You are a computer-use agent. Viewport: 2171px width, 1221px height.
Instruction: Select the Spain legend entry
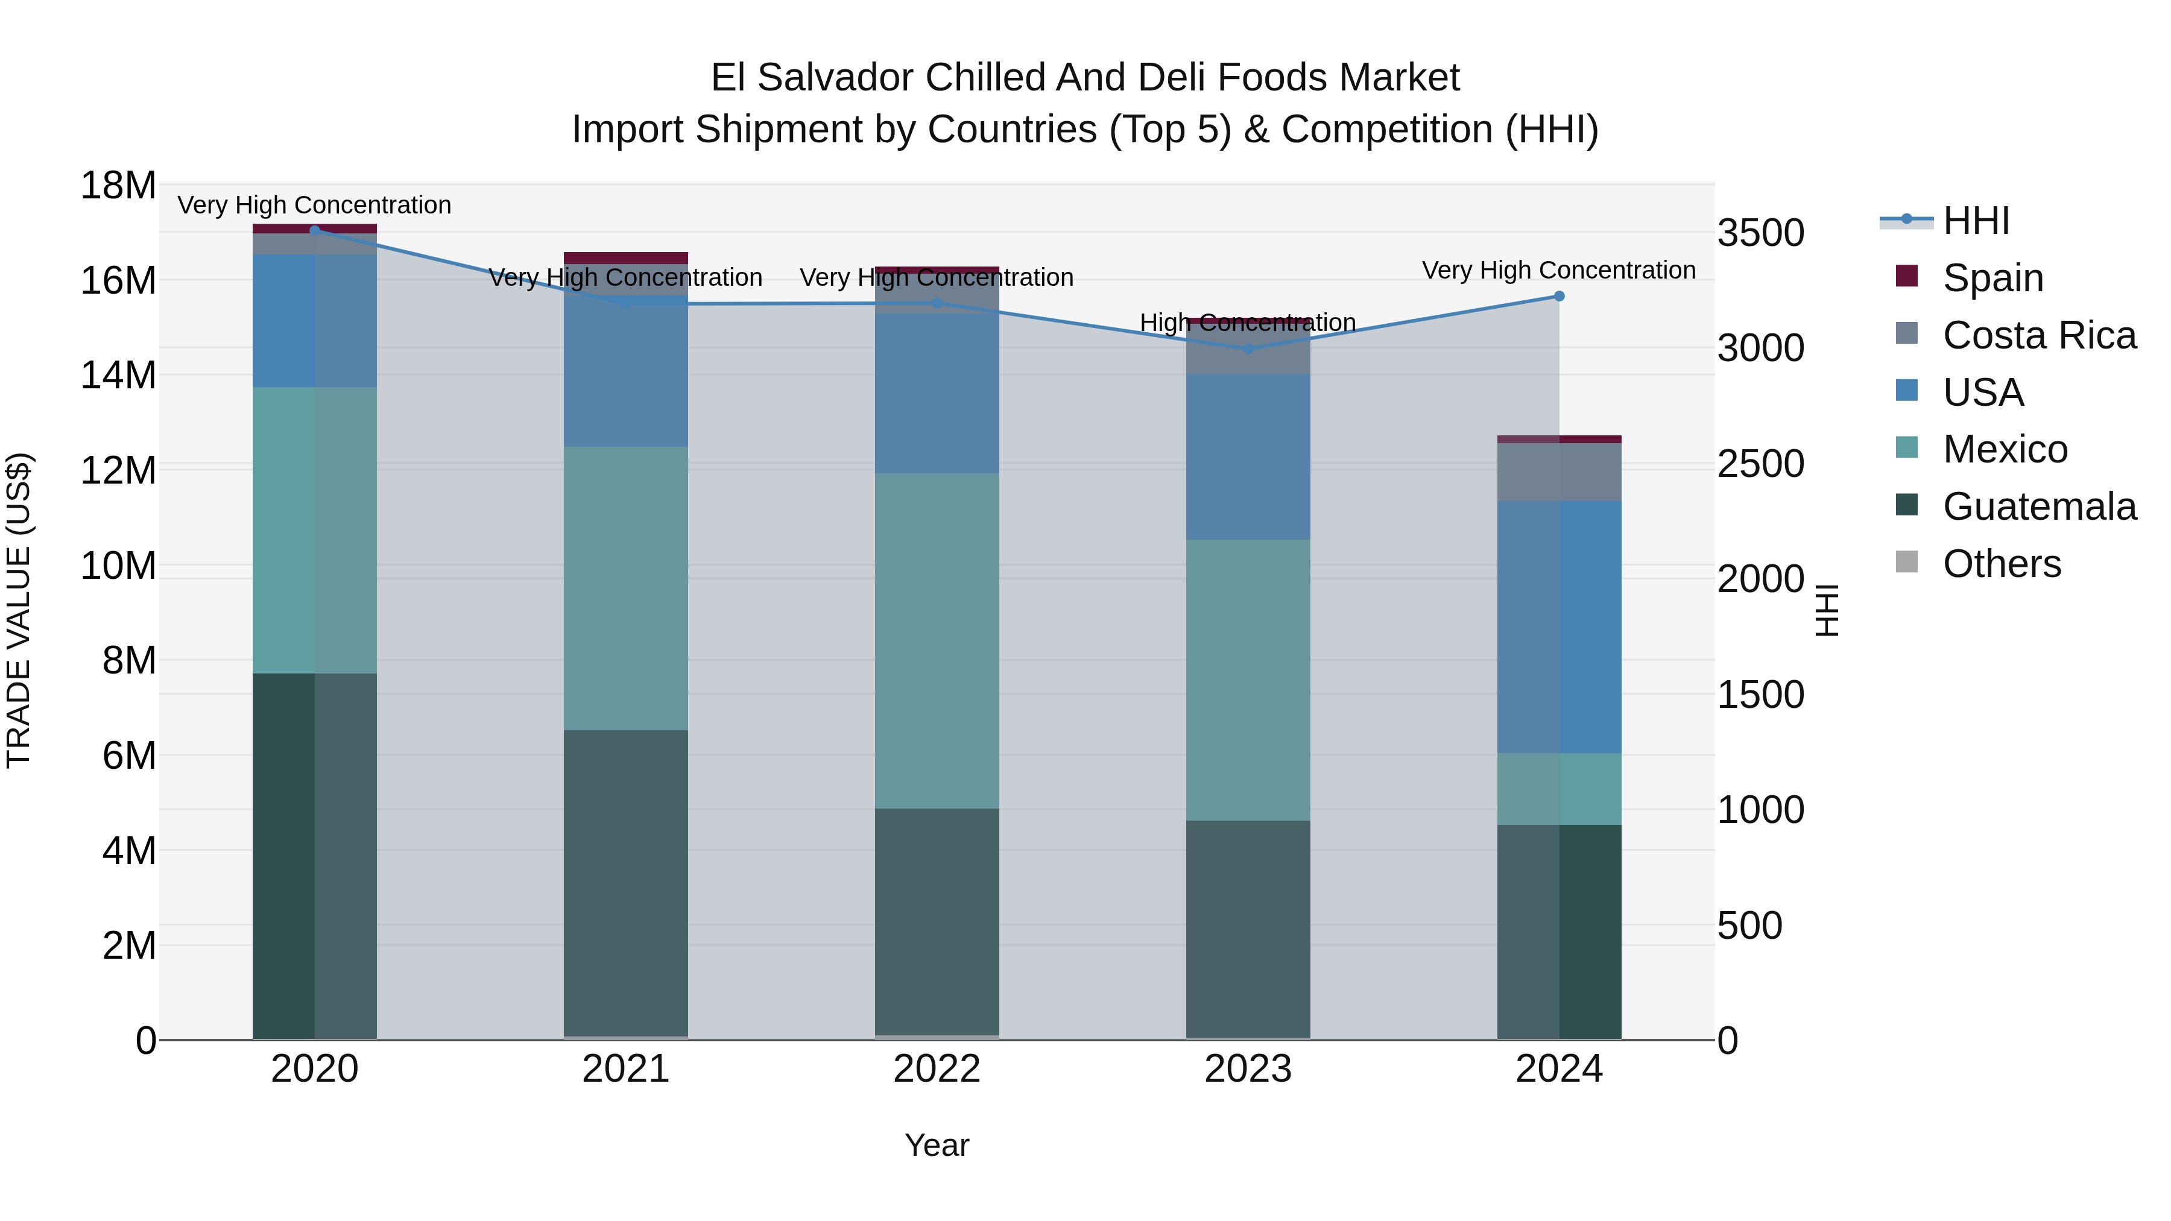coord(1992,278)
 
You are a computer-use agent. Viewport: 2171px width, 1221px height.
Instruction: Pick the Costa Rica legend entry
coord(2039,335)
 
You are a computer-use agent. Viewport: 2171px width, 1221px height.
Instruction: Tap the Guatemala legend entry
coord(2039,507)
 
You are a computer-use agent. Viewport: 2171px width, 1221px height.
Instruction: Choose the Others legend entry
coord(2002,564)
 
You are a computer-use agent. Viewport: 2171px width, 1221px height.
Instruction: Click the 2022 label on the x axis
coord(937,1069)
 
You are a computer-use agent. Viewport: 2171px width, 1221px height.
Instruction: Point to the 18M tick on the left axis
coord(118,185)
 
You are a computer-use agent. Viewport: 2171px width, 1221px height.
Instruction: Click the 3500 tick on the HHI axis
coord(1760,233)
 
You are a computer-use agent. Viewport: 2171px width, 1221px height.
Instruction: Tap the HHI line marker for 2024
coord(1559,297)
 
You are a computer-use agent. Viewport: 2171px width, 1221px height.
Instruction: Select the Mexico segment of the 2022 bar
coord(937,640)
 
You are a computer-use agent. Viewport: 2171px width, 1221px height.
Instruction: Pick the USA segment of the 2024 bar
coord(1559,627)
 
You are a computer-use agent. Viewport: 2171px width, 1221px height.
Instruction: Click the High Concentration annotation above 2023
coord(1247,323)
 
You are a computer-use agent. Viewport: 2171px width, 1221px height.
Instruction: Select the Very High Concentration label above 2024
coord(1558,271)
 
